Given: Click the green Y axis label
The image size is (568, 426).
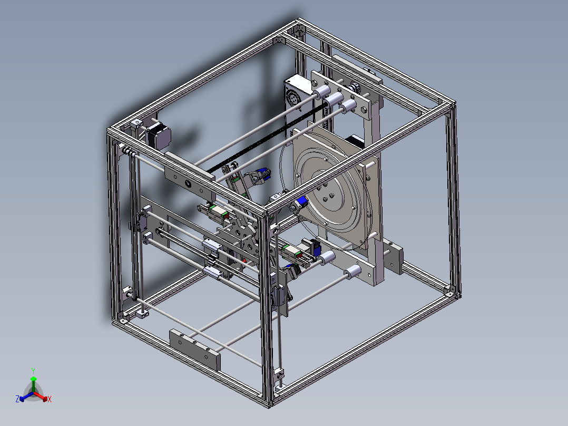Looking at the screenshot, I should pyautogui.click(x=33, y=370).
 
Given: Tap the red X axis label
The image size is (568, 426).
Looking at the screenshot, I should pyautogui.click(x=50, y=400).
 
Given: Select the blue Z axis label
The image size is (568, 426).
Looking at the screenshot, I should pyautogui.click(x=17, y=400).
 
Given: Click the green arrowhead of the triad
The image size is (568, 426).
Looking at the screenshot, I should pyautogui.click(x=33, y=379).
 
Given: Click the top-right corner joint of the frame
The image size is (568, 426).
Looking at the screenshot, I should pyautogui.click(x=449, y=103).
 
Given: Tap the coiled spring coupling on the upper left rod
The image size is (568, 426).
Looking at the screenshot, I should pyautogui.click(x=128, y=152).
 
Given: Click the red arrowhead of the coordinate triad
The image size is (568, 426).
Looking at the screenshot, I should pyautogui.click(x=45, y=397).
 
